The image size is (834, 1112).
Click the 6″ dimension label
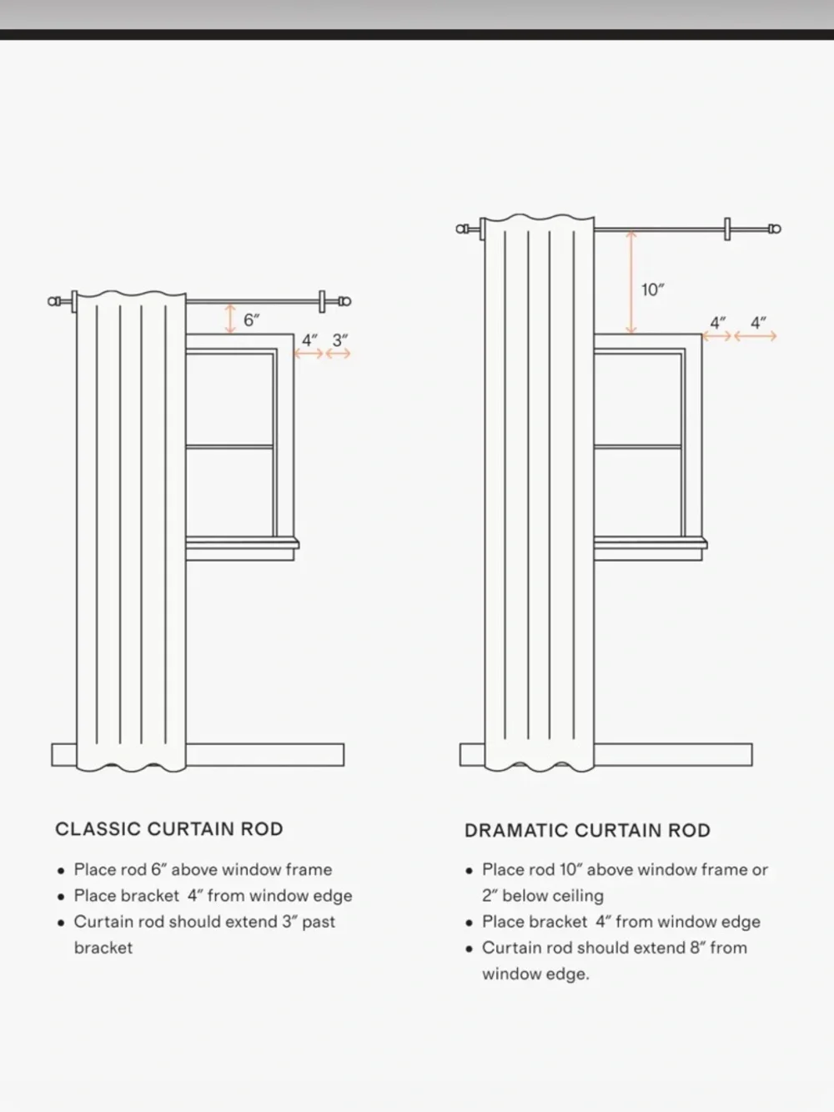[x=251, y=320]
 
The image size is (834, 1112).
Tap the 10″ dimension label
[x=653, y=289]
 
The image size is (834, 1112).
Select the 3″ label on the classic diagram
[x=339, y=340]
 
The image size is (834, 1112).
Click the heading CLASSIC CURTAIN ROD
[x=169, y=829]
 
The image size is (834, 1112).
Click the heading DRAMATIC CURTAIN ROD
[x=587, y=831]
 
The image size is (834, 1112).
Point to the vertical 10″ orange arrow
[x=631, y=282]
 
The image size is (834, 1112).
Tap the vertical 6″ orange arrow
[x=230, y=319]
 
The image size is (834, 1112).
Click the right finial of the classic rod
[x=344, y=301]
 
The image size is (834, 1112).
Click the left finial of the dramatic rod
[x=462, y=229]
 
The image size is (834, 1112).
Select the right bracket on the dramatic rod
[x=727, y=229]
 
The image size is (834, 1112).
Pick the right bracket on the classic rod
[x=322, y=301]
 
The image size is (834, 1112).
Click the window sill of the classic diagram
[x=242, y=544]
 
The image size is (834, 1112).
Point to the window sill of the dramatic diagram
[x=651, y=544]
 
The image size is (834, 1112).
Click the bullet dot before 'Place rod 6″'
[x=61, y=871]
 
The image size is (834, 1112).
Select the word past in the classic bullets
[x=319, y=922]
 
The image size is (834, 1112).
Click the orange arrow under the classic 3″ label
[x=338, y=354]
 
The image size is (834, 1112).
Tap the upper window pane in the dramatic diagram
[x=637, y=400]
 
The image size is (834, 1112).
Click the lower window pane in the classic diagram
[x=229, y=492]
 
